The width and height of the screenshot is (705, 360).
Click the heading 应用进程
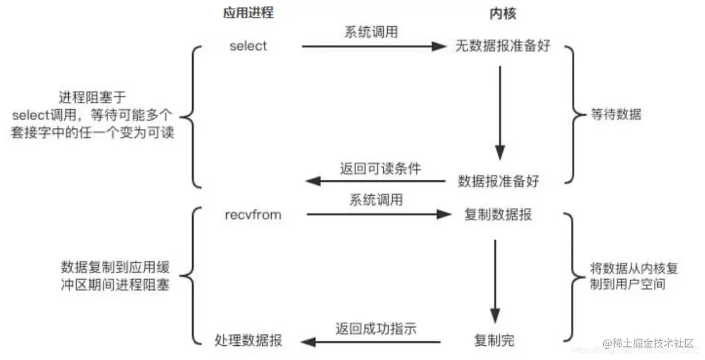pyautogui.click(x=248, y=14)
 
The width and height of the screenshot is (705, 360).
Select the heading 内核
pyautogui.click(x=503, y=14)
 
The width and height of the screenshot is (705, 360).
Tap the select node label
pyautogui.click(x=248, y=46)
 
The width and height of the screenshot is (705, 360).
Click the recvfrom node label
pyautogui.click(x=253, y=215)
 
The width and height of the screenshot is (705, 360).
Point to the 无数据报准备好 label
pyautogui.click(x=503, y=46)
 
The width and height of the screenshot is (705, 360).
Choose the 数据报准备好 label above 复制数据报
pyautogui.click(x=499, y=181)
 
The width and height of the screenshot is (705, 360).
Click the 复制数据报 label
pyautogui.click(x=499, y=215)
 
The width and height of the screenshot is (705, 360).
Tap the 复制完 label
pyautogui.click(x=494, y=341)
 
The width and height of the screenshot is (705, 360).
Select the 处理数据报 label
pyautogui.click(x=248, y=341)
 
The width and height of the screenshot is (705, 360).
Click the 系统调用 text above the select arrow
pyautogui.click(x=371, y=32)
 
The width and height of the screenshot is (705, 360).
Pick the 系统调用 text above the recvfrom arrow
pyautogui.click(x=376, y=200)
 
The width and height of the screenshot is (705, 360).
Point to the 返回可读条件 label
pyautogui.click(x=380, y=168)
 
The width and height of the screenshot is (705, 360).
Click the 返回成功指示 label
pyautogui.click(x=376, y=328)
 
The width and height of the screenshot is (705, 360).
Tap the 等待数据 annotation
pyautogui.click(x=616, y=114)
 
